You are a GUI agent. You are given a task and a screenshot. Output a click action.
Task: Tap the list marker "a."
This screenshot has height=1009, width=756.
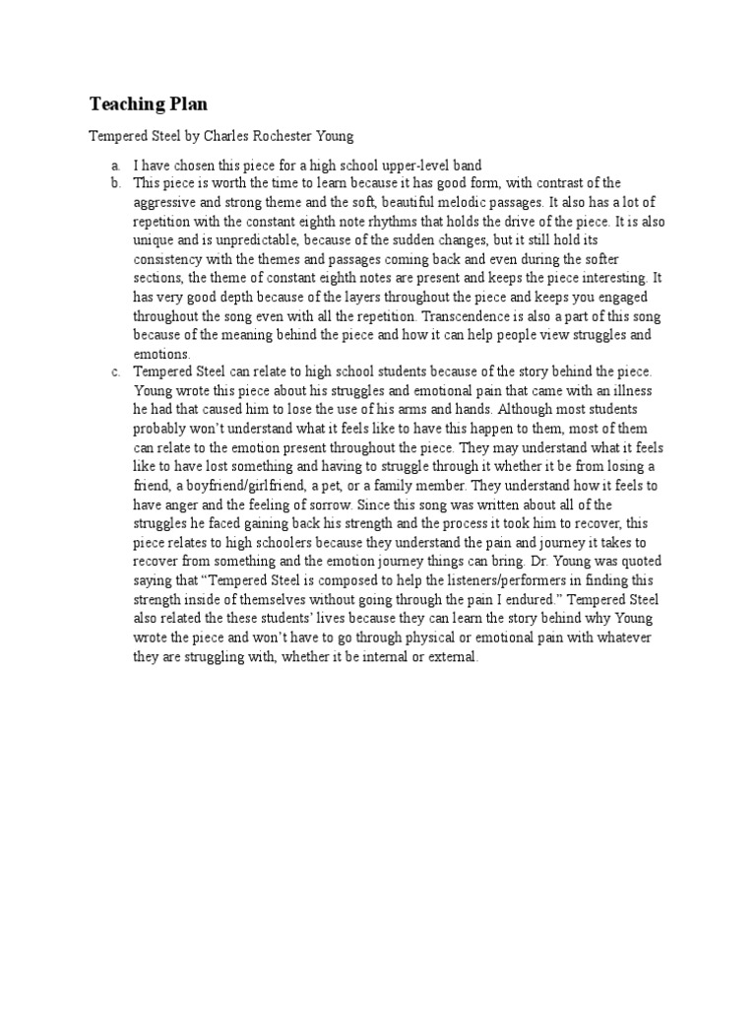pos(115,166)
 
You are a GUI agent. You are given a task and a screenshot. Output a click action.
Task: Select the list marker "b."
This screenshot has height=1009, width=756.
pos(115,183)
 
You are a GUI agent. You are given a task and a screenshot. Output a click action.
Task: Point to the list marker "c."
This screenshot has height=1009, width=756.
pos(115,370)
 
